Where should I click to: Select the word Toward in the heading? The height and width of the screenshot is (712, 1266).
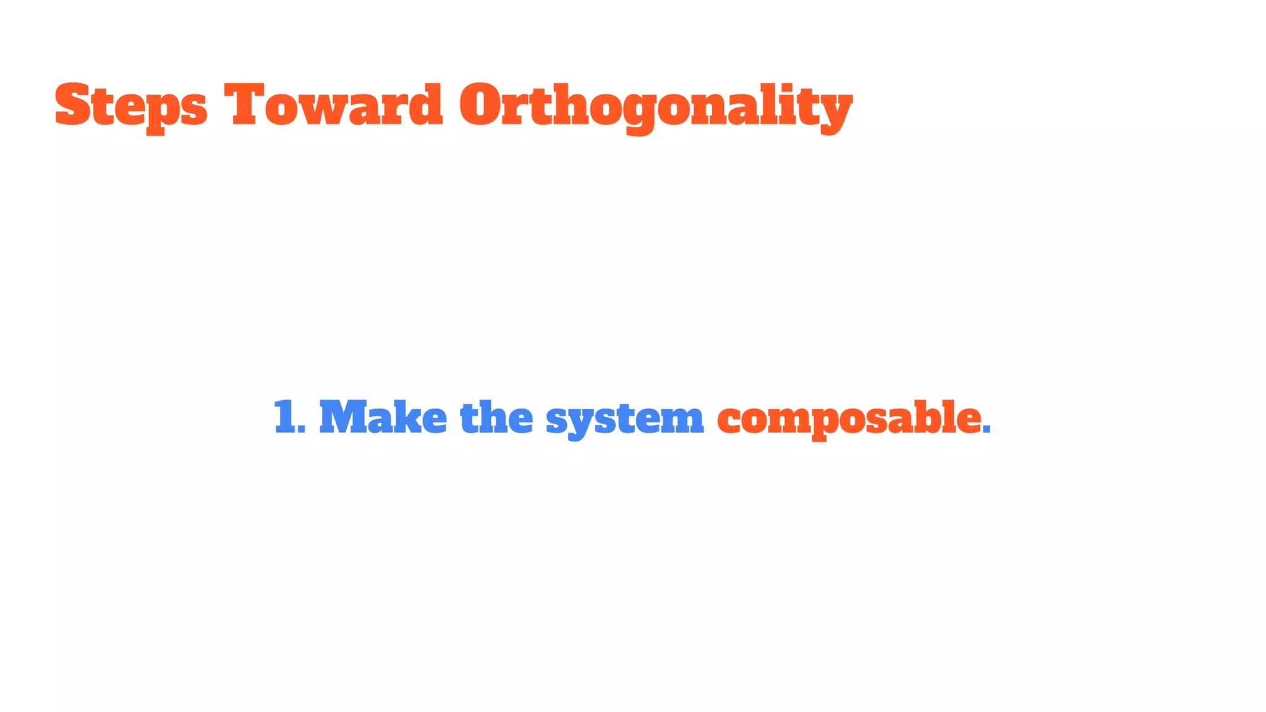point(333,105)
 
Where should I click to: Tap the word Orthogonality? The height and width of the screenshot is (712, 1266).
point(655,106)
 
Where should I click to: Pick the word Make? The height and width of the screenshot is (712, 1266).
point(383,418)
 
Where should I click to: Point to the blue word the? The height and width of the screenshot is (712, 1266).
point(496,418)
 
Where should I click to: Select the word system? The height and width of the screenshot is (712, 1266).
point(624,419)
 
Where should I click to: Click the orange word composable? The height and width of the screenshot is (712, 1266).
point(849,419)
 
